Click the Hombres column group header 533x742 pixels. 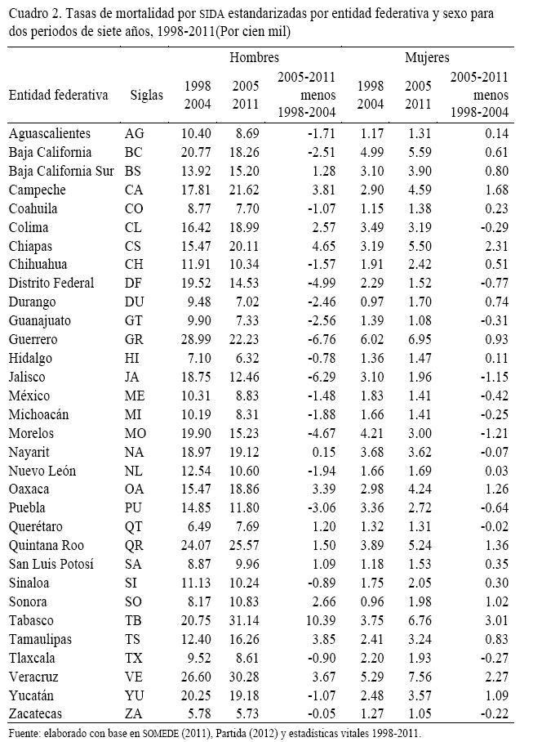click(254, 58)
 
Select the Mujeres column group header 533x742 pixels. click(427, 58)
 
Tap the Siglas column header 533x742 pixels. click(147, 95)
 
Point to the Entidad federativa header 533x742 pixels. click(58, 95)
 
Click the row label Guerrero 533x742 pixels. click(33, 339)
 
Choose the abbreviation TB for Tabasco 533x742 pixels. click(135, 621)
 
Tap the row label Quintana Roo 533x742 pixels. click(45, 546)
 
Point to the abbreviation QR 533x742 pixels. click(135, 546)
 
